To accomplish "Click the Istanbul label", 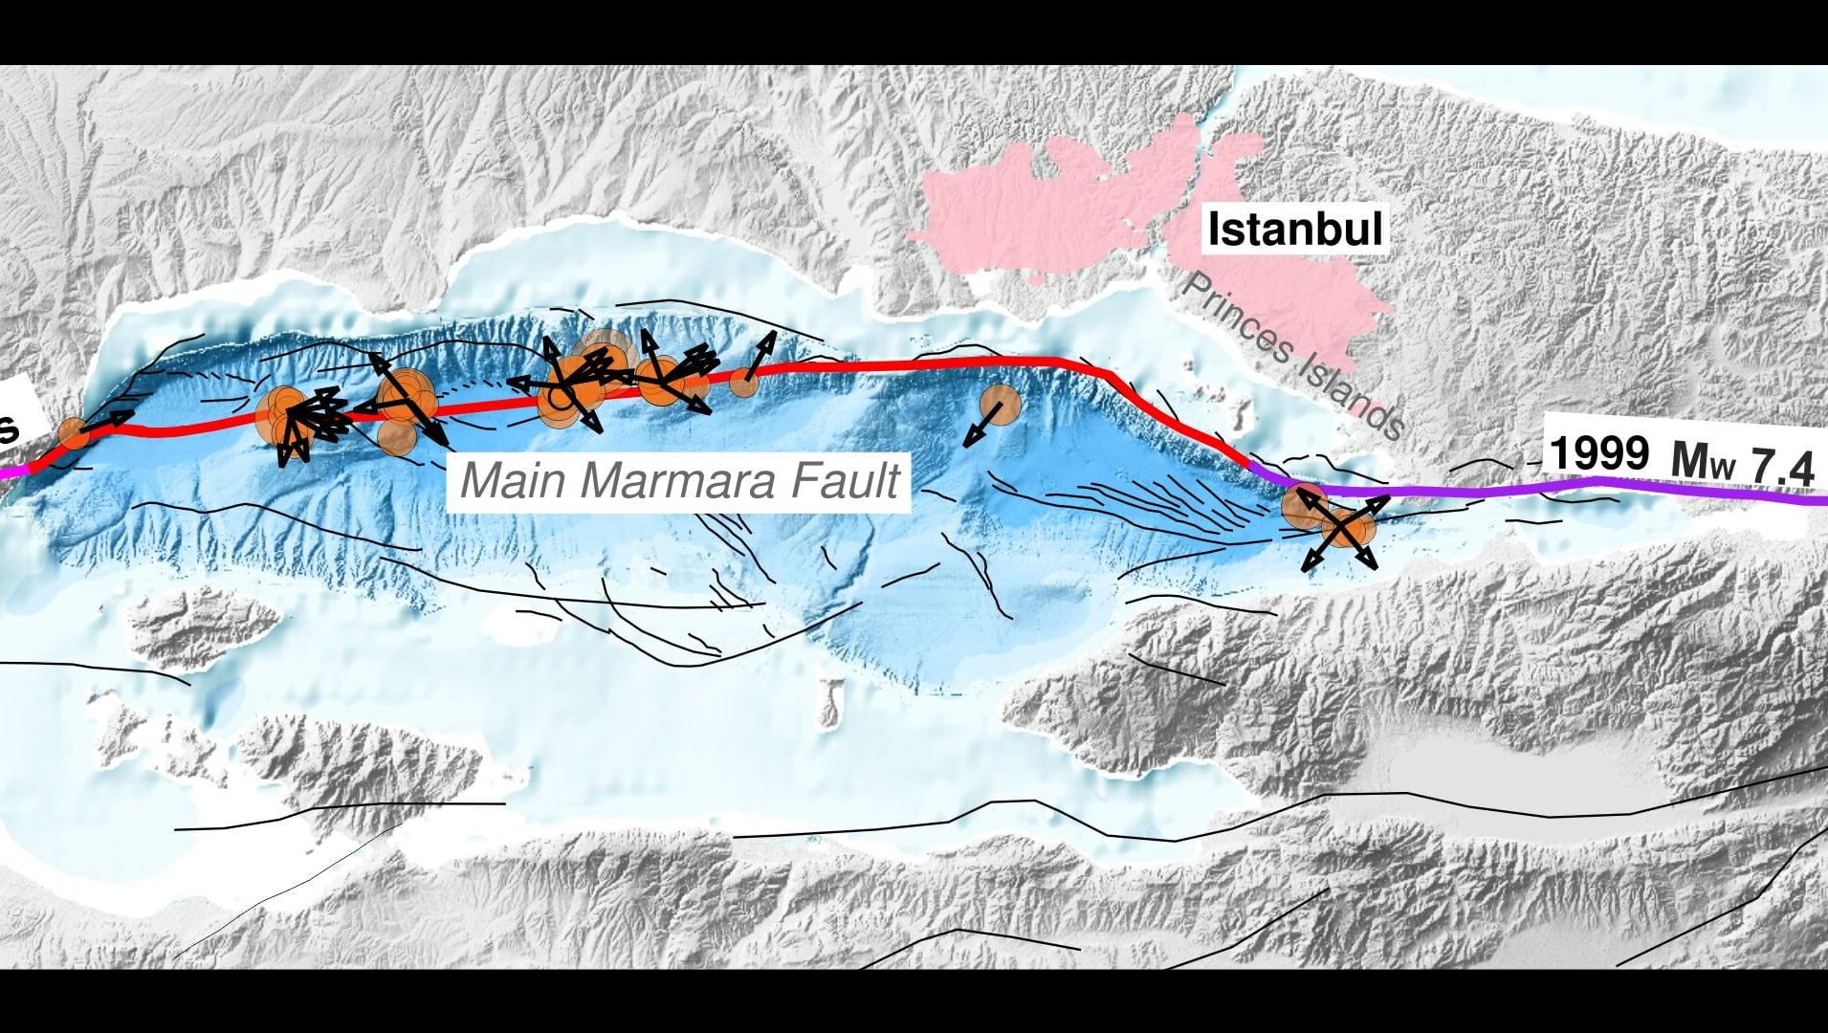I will [x=1294, y=230].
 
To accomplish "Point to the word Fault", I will [x=845, y=481].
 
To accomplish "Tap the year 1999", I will [x=1598, y=452].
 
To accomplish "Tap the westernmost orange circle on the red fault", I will [x=73, y=433].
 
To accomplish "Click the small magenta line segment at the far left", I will [x=11, y=471].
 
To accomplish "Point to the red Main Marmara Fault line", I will [x=909, y=364].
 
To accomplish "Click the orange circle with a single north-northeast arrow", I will [x=746, y=381].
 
